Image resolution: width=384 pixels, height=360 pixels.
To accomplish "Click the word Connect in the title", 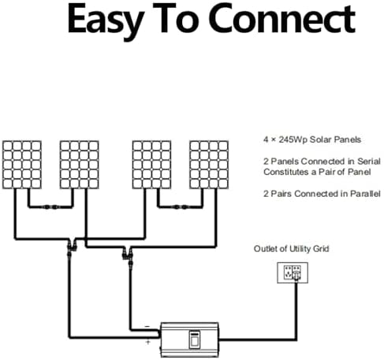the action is click(282, 19).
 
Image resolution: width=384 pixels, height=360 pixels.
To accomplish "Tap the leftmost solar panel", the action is click(22, 165).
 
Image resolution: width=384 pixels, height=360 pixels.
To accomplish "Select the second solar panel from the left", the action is click(80, 165).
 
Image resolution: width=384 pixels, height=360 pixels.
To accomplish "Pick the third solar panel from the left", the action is click(151, 165).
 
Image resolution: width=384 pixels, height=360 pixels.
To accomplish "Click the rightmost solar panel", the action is click(209, 165).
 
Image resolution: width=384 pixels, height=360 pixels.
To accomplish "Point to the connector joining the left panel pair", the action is click(50, 207).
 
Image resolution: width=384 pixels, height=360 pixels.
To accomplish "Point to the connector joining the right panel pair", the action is click(181, 207).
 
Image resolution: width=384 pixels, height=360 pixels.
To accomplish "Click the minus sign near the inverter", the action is click(147, 326).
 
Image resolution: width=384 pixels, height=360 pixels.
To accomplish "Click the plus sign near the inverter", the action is click(148, 342).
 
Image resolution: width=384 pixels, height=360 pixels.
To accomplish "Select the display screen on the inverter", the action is click(195, 340).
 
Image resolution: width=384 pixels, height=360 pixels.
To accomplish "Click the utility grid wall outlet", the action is click(293, 273).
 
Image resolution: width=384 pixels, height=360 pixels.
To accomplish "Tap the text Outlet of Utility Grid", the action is click(291, 249).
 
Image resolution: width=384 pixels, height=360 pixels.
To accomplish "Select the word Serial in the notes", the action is click(369, 161).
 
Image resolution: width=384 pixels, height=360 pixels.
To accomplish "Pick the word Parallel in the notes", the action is click(365, 194).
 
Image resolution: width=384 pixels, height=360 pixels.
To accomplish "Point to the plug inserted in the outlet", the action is click(296, 276).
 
